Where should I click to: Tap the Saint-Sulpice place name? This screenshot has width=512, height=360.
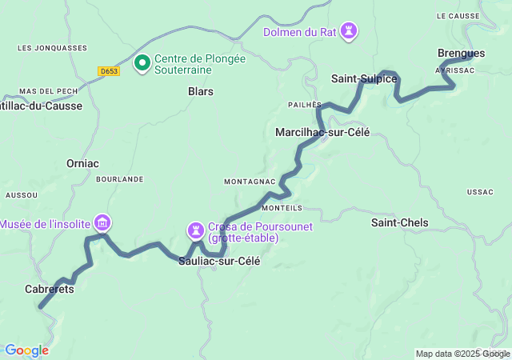click(x=364, y=78)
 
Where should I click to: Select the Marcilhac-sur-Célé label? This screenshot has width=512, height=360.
click(x=322, y=132)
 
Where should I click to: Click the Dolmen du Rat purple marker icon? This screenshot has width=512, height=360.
click(x=348, y=31)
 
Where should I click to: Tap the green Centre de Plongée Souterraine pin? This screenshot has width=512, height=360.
click(x=142, y=62)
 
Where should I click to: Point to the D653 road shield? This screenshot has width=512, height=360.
click(x=110, y=71)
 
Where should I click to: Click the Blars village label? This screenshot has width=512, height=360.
click(x=200, y=91)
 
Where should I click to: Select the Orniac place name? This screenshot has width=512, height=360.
click(x=82, y=163)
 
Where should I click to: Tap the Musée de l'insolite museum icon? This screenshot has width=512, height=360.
click(x=102, y=222)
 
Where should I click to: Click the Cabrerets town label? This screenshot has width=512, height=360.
click(x=49, y=289)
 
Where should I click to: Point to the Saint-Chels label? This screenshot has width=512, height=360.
click(x=400, y=222)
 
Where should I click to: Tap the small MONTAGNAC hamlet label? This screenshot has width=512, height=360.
click(x=250, y=182)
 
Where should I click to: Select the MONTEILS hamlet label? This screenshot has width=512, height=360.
click(x=282, y=207)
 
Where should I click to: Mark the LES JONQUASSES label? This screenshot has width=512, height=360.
click(x=52, y=48)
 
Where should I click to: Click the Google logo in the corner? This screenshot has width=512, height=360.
click(x=26, y=350)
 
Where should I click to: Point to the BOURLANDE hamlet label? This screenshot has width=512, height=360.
click(x=119, y=179)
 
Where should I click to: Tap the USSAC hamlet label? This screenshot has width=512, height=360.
click(x=481, y=192)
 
